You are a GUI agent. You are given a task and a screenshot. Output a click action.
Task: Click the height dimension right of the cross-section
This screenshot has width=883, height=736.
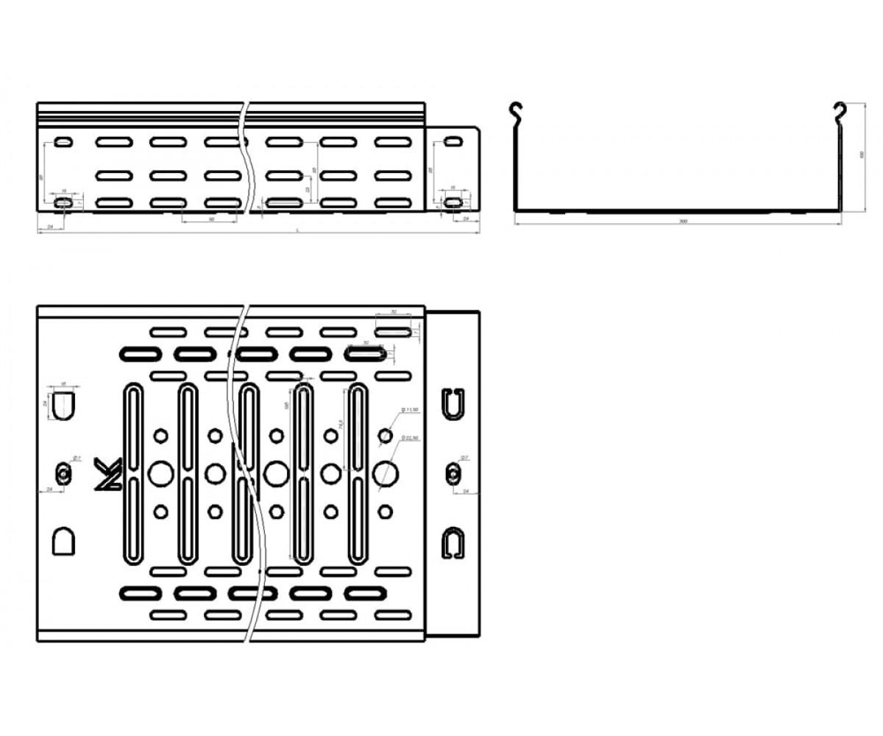tap(861, 155)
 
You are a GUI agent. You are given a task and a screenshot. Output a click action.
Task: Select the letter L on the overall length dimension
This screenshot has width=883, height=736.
tap(297, 230)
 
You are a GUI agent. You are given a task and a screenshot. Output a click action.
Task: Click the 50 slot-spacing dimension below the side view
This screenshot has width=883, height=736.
tap(211, 219)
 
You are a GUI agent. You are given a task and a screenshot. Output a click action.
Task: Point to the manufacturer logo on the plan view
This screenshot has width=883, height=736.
tap(109, 474)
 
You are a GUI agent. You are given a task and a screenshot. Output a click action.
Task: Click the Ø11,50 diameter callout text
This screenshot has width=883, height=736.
tap(410, 410)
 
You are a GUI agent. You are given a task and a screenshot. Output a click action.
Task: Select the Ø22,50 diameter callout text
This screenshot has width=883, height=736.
tap(410, 438)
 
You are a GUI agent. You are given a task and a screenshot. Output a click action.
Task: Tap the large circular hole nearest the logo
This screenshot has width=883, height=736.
tap(159, 473)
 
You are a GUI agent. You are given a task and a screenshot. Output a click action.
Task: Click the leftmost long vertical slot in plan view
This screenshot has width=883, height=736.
tap(132, 473)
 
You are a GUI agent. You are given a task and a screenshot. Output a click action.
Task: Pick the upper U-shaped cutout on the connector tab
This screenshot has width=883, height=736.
tap(454, 402)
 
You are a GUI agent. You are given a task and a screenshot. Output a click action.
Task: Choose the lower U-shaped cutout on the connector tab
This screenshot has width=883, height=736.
tap(454, 542)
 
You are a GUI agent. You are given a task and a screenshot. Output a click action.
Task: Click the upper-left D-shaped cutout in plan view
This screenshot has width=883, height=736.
tap(63, 403)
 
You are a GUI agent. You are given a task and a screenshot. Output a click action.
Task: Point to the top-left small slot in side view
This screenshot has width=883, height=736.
tap(63, 141)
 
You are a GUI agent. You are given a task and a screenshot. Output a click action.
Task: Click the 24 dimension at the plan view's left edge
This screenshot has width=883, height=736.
tap(49, 489)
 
